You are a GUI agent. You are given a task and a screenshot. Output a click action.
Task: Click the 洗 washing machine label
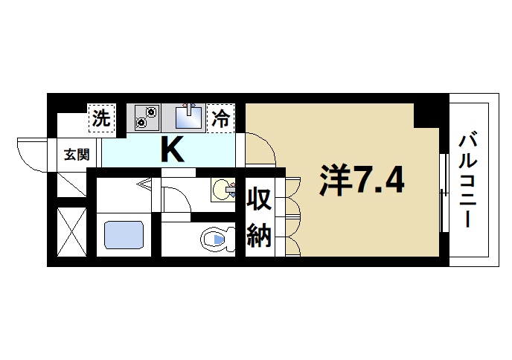click(101, 117)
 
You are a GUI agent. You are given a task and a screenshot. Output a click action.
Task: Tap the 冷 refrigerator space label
click(221, 118)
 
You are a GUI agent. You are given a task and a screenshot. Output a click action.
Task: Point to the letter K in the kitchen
click(172, 150)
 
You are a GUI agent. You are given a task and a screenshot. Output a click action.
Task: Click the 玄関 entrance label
click(75, 155)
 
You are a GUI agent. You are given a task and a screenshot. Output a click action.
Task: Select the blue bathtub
click(124, 234)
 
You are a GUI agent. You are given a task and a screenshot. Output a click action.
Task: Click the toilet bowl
click(215, 240)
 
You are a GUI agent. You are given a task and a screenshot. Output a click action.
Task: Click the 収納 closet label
click(258, 216)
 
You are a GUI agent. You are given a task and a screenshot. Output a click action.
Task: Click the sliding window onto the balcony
click(444, 193)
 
